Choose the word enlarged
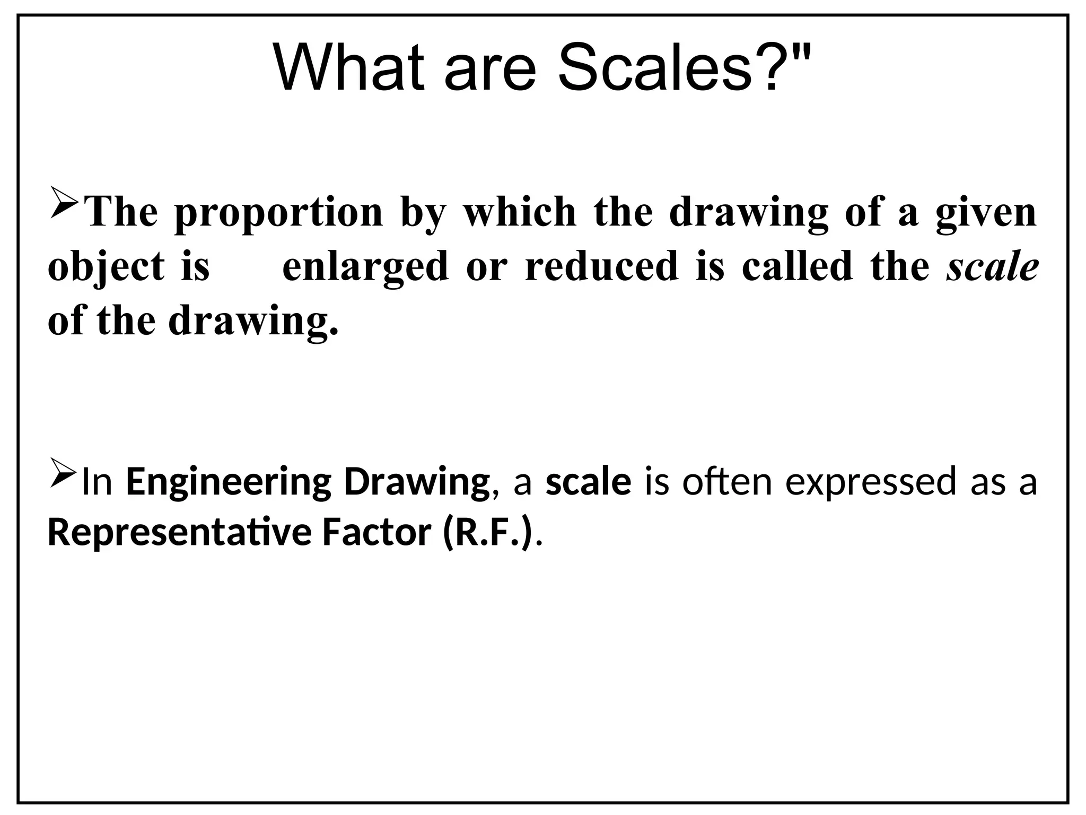tap(365, 267)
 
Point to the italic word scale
tap(992, 267)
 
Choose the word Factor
tap(376, 533)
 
